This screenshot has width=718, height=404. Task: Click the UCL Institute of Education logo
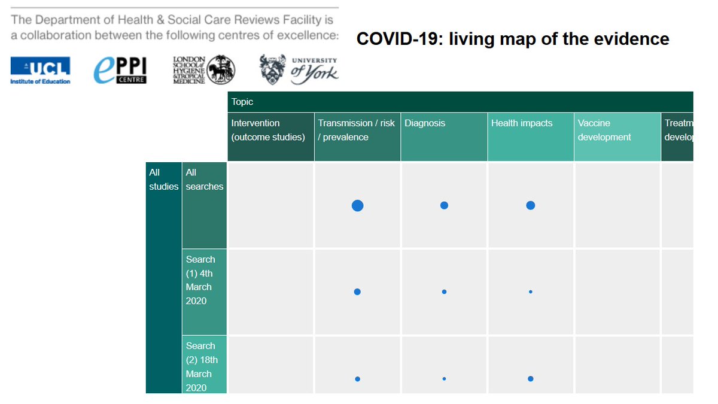(x=40, y=70)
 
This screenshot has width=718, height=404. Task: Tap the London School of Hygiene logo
(x=203, y=70)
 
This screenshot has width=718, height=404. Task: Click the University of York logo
(x=299, y=69)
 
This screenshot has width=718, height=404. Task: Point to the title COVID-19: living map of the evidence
(x=513, y=40)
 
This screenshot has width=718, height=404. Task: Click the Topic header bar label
(x=242, y=102)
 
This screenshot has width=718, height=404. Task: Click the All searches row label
(x=204, y=180)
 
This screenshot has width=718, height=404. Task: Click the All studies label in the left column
(x=163, y=180)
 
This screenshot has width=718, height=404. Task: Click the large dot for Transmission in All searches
(x=357, y=206)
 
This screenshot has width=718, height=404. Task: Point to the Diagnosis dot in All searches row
(x=444, y=205)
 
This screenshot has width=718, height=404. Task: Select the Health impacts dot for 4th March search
(x=531, y=292)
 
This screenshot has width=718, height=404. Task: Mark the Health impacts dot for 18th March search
(x=531, y=379)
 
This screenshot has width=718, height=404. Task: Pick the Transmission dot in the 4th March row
(x=357, y=292)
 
